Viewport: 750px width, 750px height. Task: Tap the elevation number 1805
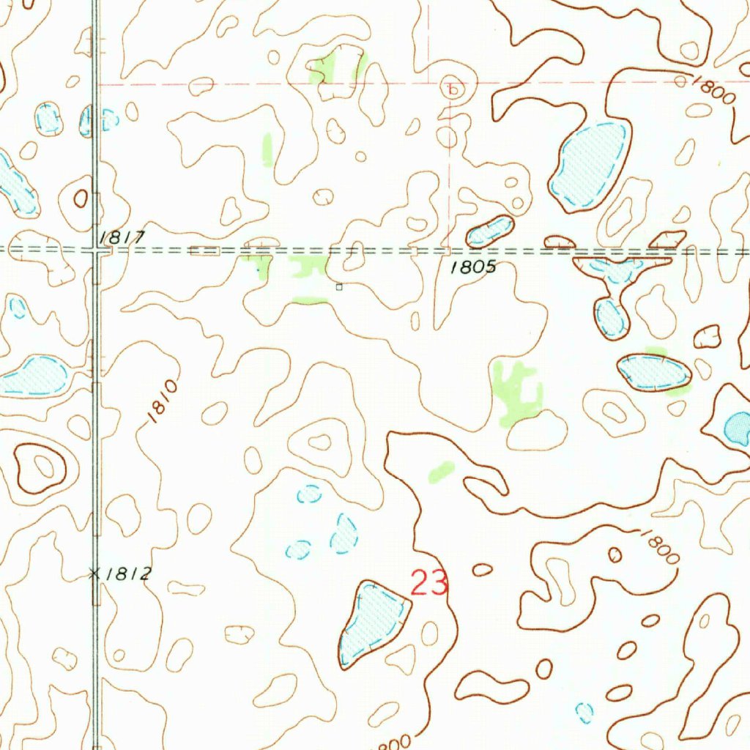[473, 267]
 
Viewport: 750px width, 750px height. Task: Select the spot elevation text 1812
[127, 574]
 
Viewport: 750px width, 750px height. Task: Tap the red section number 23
[429, 584]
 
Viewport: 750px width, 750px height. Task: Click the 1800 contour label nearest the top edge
[711, 92]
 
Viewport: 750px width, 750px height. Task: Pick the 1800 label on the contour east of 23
[659, 546]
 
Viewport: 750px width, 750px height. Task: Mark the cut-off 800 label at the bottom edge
[392, 741]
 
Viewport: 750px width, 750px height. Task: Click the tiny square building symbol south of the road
[339, 287]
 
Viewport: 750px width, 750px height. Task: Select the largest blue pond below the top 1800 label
[590, 165]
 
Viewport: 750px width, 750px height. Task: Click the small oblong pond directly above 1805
[489, 231]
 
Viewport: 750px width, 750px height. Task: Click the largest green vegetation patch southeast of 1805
[516, 392]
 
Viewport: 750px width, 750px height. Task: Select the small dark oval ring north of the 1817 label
[81, 196]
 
